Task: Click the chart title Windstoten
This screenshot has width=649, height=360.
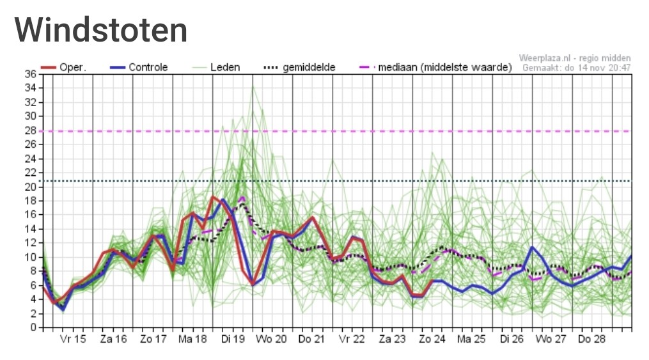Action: (x=101, y=30)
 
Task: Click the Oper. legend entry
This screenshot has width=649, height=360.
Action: (x=64, y=67)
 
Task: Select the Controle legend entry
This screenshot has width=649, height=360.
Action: (x=139, y=67)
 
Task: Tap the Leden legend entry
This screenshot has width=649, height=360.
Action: (x=216, y=67)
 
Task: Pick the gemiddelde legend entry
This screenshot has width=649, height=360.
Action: (x=299, y=67)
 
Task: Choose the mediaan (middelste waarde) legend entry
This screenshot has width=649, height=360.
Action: (x=435, y=67)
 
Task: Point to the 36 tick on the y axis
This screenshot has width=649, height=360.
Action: (x=30, y=74)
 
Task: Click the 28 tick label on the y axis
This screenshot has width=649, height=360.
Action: (x=30, y=130)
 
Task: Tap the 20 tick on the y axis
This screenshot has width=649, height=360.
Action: (x=30, y=187)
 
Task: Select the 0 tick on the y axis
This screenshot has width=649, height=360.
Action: (x=33, y=327)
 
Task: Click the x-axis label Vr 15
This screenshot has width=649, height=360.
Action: (x=73, y=340)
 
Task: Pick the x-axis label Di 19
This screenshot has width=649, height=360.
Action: (x=233, y=340)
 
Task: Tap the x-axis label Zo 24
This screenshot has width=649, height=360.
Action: (x=432, y=340)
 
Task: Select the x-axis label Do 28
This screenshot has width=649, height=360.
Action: (x=591, y=340)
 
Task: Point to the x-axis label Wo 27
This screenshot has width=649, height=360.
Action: (x=551, y=340)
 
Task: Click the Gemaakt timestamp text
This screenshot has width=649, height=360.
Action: (x=577, y=67)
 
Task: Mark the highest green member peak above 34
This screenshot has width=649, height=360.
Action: (x=253, y=86)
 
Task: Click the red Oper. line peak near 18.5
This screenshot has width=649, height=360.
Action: (x=213, y=197)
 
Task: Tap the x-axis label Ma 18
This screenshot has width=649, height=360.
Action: (x=192, y=340)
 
